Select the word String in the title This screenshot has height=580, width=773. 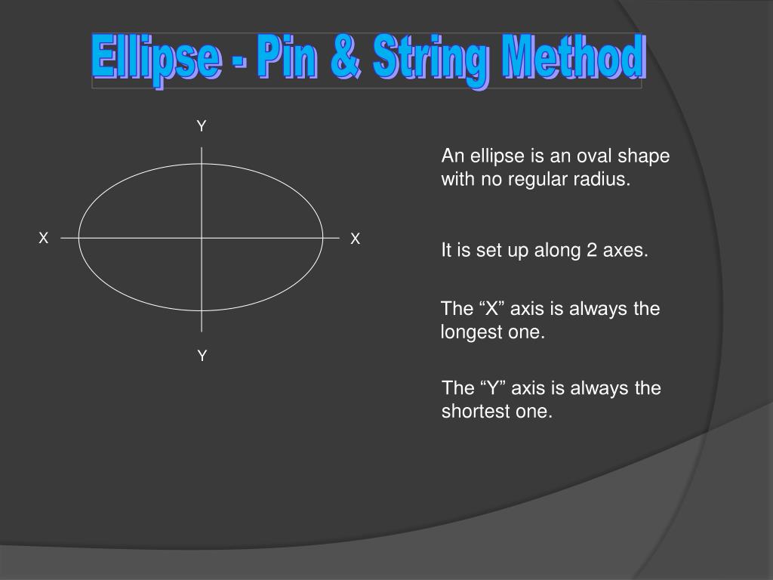point(431,61)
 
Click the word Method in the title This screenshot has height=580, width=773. point(574,57)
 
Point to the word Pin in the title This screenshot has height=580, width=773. point(286,57)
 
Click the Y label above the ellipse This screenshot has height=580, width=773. point(201,126)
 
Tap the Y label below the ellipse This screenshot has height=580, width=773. point(202,355)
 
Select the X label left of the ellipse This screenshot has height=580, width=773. point(43,238)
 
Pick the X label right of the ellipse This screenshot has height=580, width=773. point(355,239)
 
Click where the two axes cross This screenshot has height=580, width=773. point(202,238)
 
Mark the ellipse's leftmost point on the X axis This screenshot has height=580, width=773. point(79,238)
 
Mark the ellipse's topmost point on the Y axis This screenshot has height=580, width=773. point(202,164)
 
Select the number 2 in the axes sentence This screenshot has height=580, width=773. point(592,250)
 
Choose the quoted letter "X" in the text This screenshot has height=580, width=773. point(492,309)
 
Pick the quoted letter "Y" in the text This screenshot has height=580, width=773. point(493,388)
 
